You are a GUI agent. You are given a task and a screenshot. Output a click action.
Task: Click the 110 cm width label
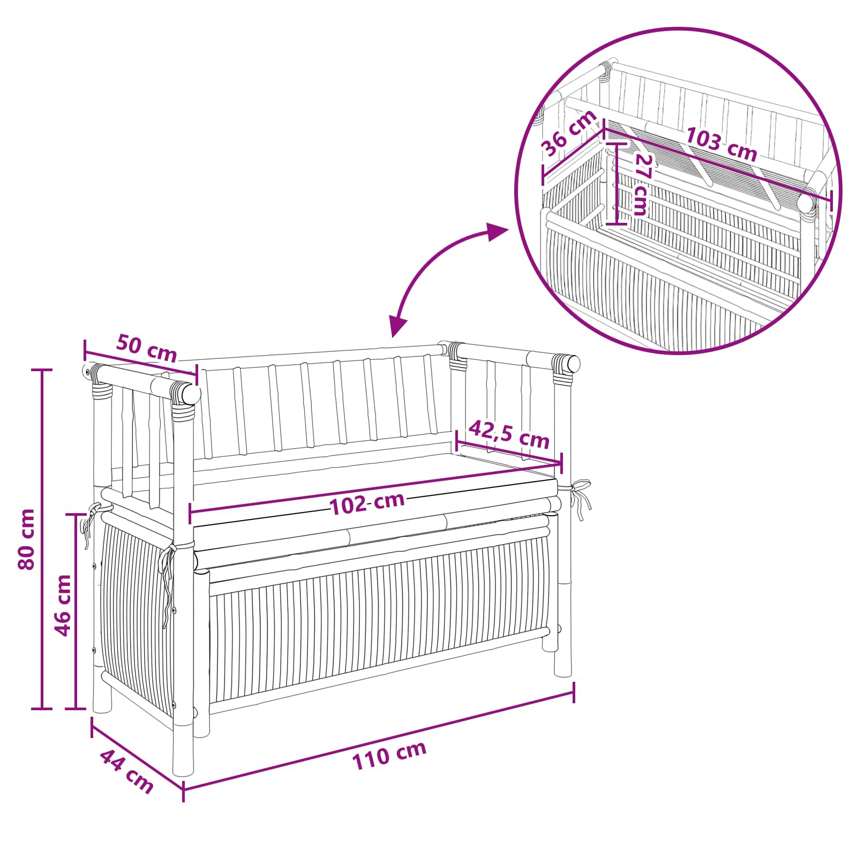(x=389, y=756)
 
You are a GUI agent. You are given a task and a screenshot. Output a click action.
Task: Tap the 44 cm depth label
(x=127, y=771)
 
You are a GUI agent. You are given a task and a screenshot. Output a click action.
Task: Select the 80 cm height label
(x=26, y=539)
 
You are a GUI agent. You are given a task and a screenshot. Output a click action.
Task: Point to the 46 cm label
(x=63, y=605)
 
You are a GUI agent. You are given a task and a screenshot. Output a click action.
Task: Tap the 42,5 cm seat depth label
(x=509, y=434)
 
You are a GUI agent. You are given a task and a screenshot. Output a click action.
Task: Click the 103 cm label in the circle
(x=721, y=144)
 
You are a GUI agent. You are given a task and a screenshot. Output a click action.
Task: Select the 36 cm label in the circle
(x=569, y=132)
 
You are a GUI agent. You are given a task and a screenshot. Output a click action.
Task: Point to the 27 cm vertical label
(x=641, y=185)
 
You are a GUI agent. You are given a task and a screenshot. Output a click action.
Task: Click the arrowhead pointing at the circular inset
(x=497, y=232)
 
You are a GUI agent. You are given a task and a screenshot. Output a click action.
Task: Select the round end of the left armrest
(x=190, y=394)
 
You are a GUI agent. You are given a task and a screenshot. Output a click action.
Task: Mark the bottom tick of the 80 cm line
(x=42, y=709)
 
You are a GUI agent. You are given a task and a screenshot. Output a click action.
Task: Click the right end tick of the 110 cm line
(x=574, y=692)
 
